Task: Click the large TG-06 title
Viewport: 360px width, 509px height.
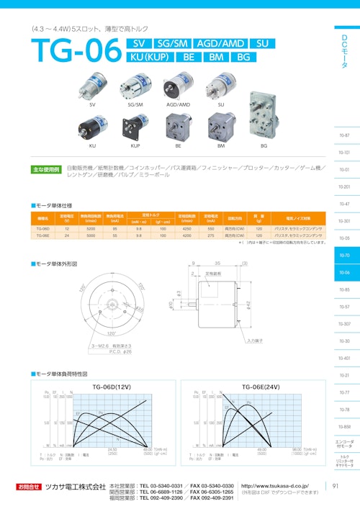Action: coord(74,50)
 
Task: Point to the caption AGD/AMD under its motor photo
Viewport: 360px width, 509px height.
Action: coord(178,105)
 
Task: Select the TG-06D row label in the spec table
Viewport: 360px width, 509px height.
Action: coord(42,228)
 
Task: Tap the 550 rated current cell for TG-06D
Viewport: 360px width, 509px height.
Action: coord(210,228)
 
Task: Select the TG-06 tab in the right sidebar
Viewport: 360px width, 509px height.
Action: coord(344,273)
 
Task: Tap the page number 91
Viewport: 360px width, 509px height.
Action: coord(336,487)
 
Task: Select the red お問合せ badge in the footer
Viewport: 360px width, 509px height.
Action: coord(30,487)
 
